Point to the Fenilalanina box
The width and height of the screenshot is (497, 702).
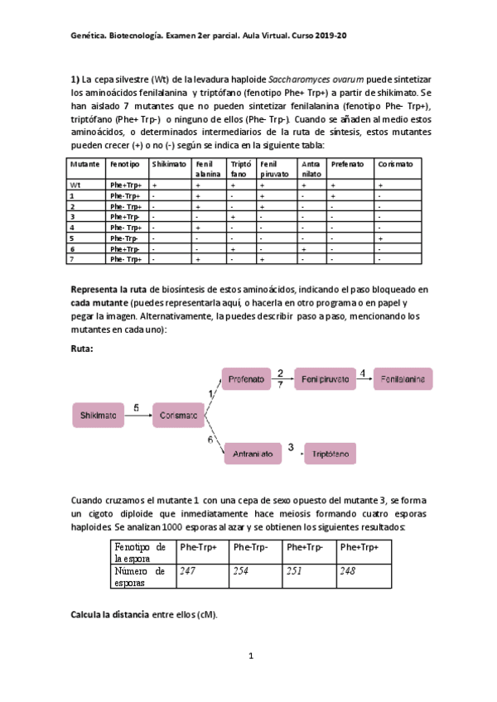[403, 378]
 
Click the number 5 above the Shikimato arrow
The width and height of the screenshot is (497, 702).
[137, 406]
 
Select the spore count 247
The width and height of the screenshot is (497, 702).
[188, 570]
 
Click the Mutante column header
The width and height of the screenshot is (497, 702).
[84, 164]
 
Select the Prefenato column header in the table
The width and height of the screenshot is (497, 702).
[347, 164]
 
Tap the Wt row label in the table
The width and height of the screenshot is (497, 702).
[75, 185]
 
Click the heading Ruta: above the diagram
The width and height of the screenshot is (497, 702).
[84, 349]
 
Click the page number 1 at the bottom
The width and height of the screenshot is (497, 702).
[249, 656]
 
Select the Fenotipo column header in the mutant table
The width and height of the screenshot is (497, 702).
[124, 164]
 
